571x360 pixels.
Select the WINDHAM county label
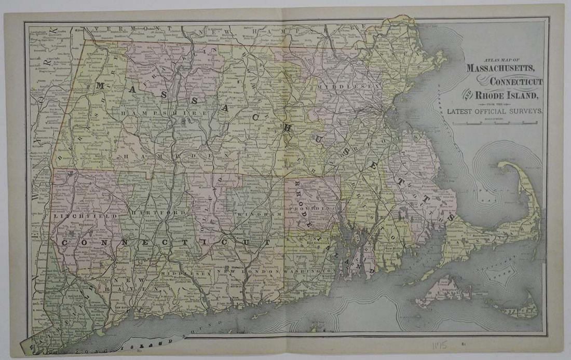click(252, 214)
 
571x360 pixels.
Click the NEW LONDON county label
click(239, 271)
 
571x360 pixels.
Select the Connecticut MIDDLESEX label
click(186, 271)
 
